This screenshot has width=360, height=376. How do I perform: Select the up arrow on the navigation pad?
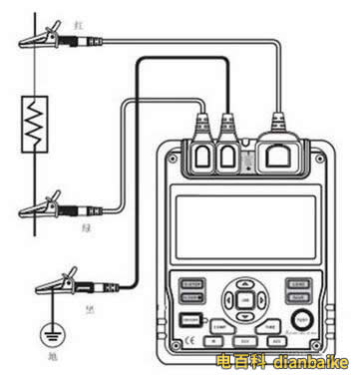[245, 284]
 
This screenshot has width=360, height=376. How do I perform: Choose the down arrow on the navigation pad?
[245, 312]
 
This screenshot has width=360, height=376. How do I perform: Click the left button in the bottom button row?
[213, 340]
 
